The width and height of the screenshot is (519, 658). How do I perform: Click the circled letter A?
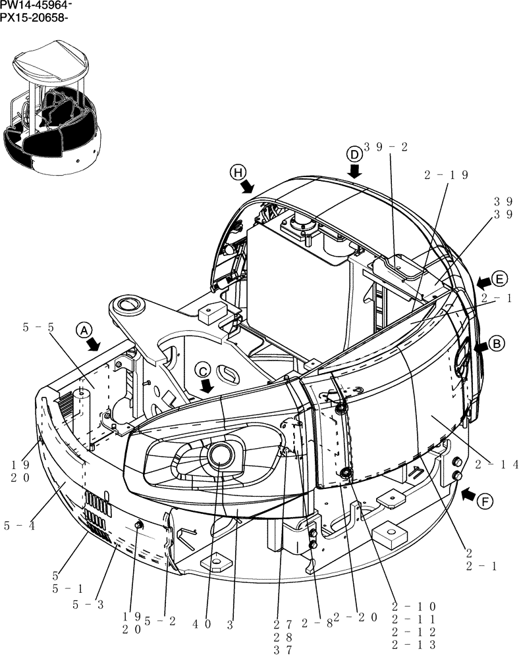pyautogui.click(x=83, y=330)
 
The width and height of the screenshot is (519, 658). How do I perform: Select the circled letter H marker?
pyautogui.click(x=237, y=172)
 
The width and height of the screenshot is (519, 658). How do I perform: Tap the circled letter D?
pyautogui.click(x=354, y=154)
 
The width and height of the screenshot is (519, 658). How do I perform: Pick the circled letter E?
pyautogui.click(x=500, y=279)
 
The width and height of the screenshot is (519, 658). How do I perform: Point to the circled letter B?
pyautogui.click(x=497, y=343)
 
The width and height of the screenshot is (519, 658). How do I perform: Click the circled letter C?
pyautogui.click(x=204, y=369)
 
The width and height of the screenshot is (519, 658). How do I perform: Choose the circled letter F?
pyautogui.click(x=485, y=502)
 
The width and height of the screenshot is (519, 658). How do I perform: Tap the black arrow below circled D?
pyautogui.click(x=355, y=171)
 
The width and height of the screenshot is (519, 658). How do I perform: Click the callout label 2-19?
pyautogui.click(x=446, y=175)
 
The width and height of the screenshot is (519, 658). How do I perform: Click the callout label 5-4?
pyautogui.click(x=18, y=525)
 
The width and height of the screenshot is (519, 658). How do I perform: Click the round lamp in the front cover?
pyautogui.click(x=219, y=455)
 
